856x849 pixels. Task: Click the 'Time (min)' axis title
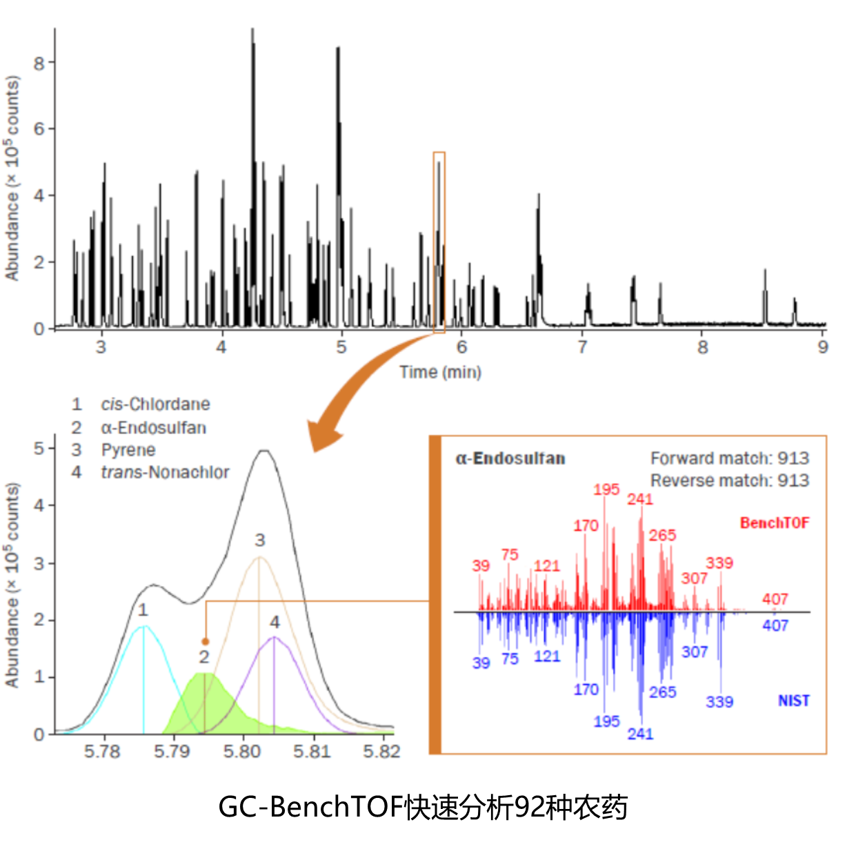click(x=440, y=372)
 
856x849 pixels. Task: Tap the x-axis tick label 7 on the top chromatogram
click(x=583, y=347)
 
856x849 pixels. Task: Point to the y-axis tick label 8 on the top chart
click(x=39, y=63)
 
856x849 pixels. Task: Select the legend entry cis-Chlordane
click(x=155, y=404)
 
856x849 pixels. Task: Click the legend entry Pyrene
click(x=128, y=450)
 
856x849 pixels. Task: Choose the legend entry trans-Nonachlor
click(x=165, y=472)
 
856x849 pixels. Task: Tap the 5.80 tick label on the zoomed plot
click(x=242, y=751)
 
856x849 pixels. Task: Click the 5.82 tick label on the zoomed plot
click(x=382, y=751)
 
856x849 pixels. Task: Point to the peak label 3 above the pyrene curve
click(x=259, y=540)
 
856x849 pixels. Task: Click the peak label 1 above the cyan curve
click(x=142, y=609)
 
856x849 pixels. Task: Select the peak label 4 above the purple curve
click(x=275, y=622)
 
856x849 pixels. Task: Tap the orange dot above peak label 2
click(x=205, y=641)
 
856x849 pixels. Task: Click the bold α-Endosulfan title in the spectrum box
click(x=510, y=458)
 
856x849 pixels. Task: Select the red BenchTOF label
click(x=774, y=523)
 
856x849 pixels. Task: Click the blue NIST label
click(x=793, y=701)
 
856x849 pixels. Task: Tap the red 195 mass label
click(x=606, y=489)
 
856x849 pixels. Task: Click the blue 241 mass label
click(x=640, y=734)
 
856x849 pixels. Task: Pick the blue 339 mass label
click(x=719, y=702)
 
